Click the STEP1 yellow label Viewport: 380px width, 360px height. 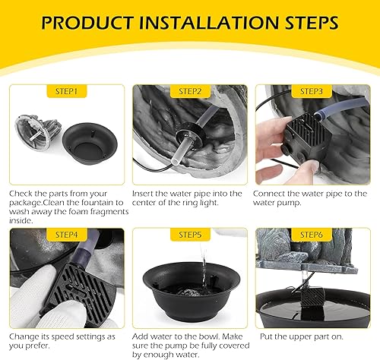click(67, 91)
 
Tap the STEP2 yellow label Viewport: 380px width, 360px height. click(190, 91)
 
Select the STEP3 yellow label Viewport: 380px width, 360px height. click(312, 91)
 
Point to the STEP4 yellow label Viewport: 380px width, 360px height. click(67, 235)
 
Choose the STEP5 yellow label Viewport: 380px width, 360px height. click(190, 235)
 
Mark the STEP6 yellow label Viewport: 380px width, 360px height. click(312, 235)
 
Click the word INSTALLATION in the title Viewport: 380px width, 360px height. click(209, 23)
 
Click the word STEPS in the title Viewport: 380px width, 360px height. click(312, 23)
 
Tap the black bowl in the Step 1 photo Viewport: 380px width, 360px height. click(90, 144)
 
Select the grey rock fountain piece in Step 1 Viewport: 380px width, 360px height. click(38, 131)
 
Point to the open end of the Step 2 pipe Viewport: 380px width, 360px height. click(175, 161)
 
